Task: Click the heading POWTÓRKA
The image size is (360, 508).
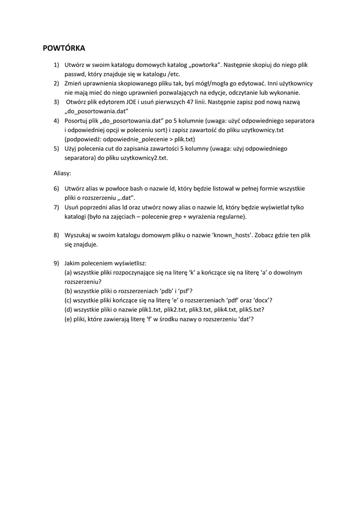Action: (x=64, y=48)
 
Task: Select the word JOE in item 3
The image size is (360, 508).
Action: (x=127, y=102)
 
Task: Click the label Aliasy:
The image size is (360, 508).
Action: (x=63, y=174)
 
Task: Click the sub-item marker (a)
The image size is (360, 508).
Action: (x=69, y=272)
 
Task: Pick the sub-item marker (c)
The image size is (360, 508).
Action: (x=69, y=300)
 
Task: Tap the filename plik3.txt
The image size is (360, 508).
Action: (x=201, y=310)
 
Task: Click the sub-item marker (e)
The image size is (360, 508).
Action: (x=69, y=319)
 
